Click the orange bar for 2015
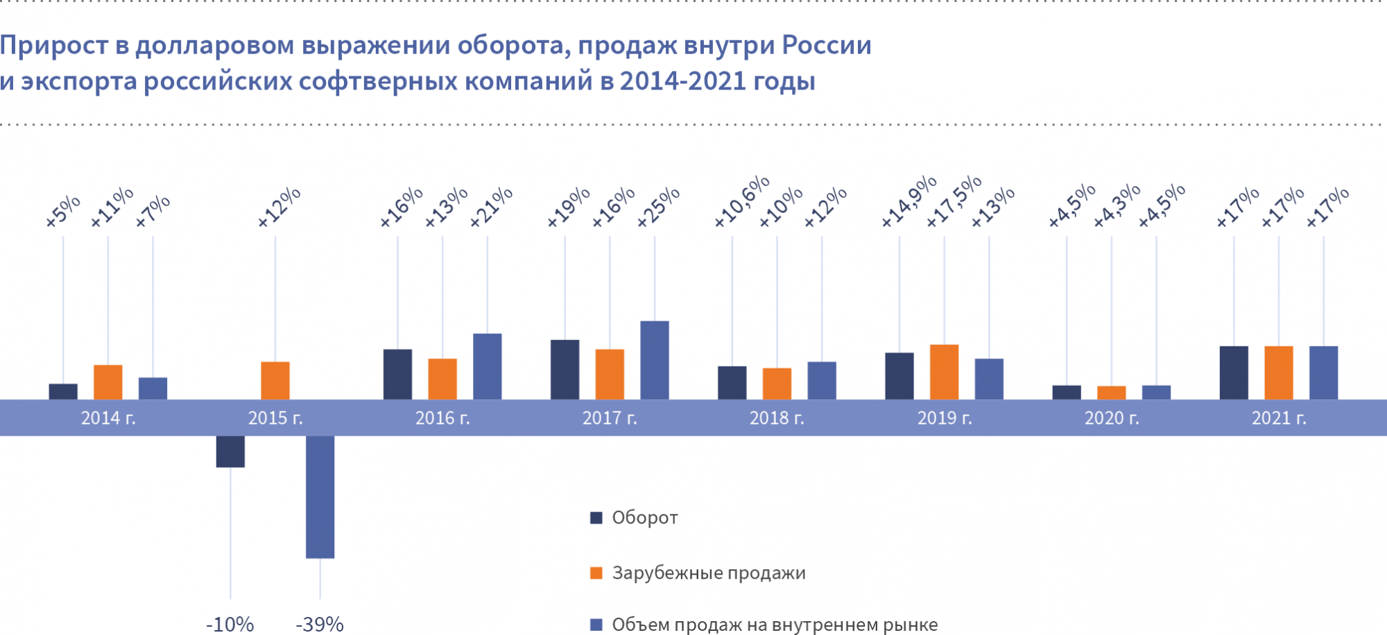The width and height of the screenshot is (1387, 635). click(x=275, y=380)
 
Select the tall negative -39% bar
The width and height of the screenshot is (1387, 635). click(x=320, y=496)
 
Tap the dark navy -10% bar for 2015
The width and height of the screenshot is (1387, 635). click(x=230, y=451)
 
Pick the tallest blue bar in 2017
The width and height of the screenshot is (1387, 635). click(x=654, y=359)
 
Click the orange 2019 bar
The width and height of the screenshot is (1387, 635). click(x=944, y=372)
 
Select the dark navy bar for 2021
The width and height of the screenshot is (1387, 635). click(x=1234, y=373)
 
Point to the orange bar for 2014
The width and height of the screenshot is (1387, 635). click(x=108, y=382)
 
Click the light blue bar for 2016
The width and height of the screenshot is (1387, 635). click(x=487, y=366)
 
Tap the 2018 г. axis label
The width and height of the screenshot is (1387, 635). click(x=777, y=418)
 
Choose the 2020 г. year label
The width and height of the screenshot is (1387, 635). click(x=1112, y=418)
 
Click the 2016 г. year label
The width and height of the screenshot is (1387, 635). click(x=442, y=418)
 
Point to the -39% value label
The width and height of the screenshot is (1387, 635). click(x=320, y=625)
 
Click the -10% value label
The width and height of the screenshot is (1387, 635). click(x=230, y=625)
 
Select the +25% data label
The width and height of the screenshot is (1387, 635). click(x=658, y=207)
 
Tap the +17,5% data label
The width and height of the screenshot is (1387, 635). click(x=954, y=201)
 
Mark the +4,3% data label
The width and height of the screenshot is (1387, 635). click(x=1117, y=205)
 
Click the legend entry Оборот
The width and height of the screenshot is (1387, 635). click(x=644, y=518)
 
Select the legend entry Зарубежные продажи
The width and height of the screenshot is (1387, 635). click(x=708, y=573)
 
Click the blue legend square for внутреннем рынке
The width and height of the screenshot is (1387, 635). click(x=596, y=625)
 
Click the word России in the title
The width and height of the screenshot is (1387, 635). click(x=827, y=46)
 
